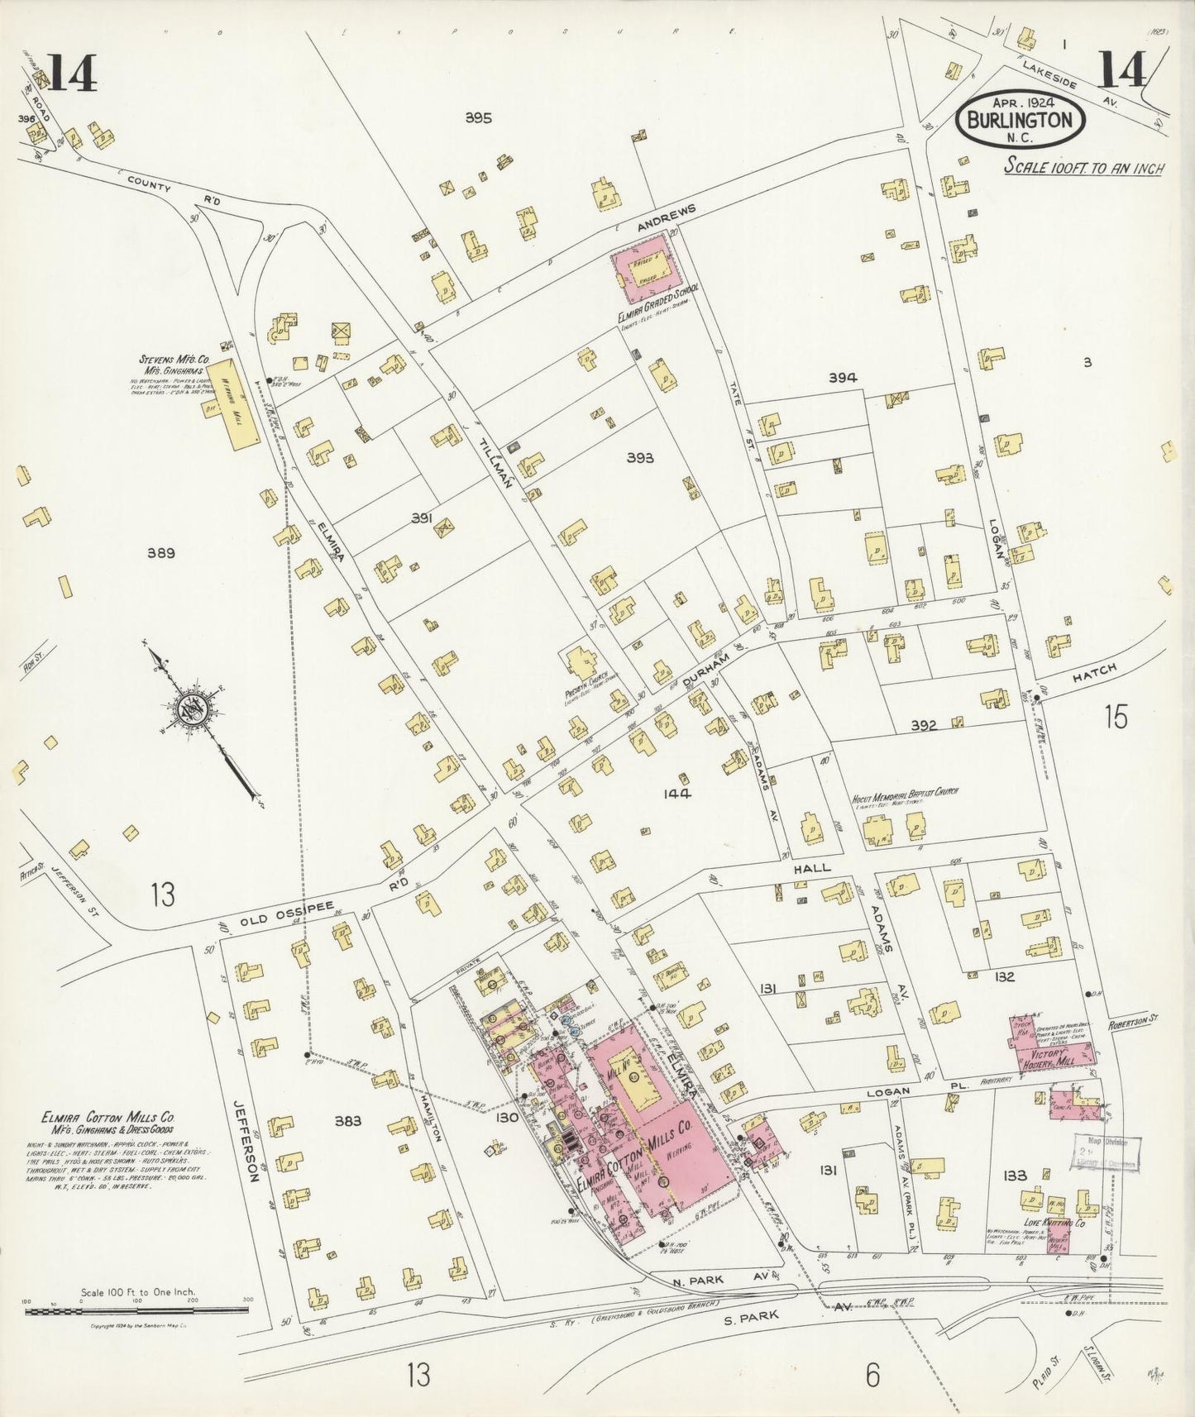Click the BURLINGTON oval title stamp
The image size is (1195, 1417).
(x=1019, y=120)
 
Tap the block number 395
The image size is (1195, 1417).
(x=477, y=118)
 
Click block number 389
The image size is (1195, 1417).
(x=160, y=553)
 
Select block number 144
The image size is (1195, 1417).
(x=676, y=794)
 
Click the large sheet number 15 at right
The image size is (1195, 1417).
(x=1116, y=717)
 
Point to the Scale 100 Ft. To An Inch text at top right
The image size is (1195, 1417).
(x=1083, y=168)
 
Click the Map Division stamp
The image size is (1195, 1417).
(x=1108, y=1153)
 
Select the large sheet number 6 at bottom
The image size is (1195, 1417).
(x=872, y=1376)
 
